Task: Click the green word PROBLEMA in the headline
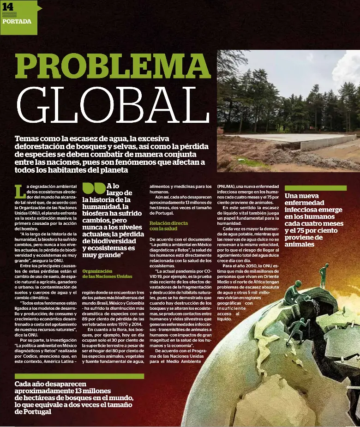tap(113, 66)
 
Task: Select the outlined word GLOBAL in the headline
tap(108, 105)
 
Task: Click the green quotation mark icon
tap(93, 188)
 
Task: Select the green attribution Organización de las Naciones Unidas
tap(107, 274)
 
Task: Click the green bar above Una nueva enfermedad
tap(315, 188)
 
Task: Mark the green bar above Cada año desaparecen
tap(79, 376)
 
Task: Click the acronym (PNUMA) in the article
tap(228, 186)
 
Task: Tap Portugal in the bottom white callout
tap(32, 411)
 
